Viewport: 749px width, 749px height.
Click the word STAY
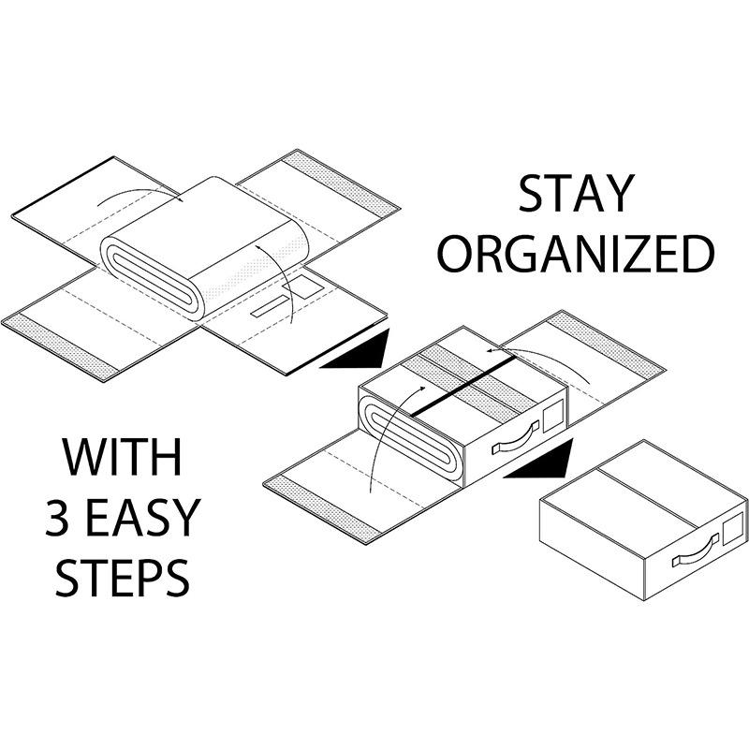pyautogui.click(x=576, y=194)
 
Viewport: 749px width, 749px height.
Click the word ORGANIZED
pyautogui.click(x=576, y=254)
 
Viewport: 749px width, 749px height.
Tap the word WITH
pyautogui.click(x=123, y=457)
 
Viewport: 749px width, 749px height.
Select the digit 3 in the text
pyautogui.click(x=58, y=517)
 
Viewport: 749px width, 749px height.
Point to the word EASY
pyautogui.click(x=143, y=517)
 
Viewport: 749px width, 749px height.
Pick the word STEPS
pyautogui.click(x=123, y=577)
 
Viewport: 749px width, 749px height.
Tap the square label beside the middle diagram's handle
pyautogui.click(x=552, y=416)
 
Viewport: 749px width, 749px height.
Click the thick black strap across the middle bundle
pyautogui.click(x=463, y=386)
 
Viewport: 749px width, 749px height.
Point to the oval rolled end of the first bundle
pyautogui.click(x=152, y=278)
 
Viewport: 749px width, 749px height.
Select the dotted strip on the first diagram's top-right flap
pyautogui.click(x=340, y=182)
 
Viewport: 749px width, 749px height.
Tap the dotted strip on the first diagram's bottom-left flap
pyautogui.click(x=59, y=347)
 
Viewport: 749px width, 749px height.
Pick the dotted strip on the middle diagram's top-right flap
pyautogui.click(x=606, y=343)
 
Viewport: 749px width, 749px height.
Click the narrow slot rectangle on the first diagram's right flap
pyautogui.click(x=271, y=306)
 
